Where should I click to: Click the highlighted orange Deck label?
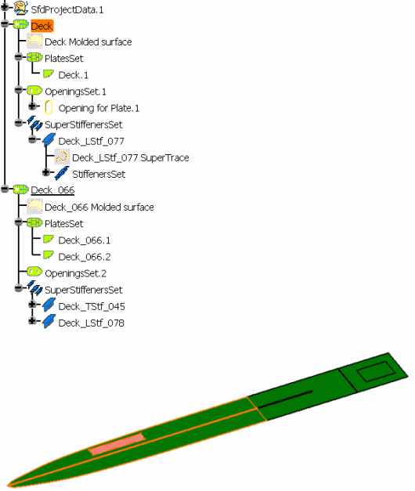(42, 26)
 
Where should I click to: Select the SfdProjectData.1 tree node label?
(67, 9)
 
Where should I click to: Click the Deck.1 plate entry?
(74, 75)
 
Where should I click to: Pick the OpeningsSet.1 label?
(75, 92)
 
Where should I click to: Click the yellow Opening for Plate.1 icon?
(49, 107)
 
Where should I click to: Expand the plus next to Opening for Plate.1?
(32, 107)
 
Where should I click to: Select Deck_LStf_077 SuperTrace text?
(131, 157)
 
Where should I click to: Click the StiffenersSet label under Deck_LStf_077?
(99, 174)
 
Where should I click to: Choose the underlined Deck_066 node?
(52, 190)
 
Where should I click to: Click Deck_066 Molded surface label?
(99, 208)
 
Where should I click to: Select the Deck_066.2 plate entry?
(85, 257)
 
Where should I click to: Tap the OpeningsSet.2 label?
(75, 273)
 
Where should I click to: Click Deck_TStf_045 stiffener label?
(92, 306)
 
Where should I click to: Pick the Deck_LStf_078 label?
(91, 323)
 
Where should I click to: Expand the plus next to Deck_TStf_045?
(32, 304)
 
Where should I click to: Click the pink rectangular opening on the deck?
(117, 444)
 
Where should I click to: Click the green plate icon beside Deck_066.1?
(49, 240)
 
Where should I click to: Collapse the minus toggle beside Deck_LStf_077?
(32, 139)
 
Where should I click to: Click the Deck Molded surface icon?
(34, 41)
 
